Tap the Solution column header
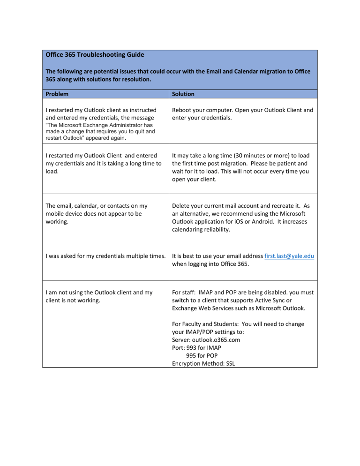coord(183,94)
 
